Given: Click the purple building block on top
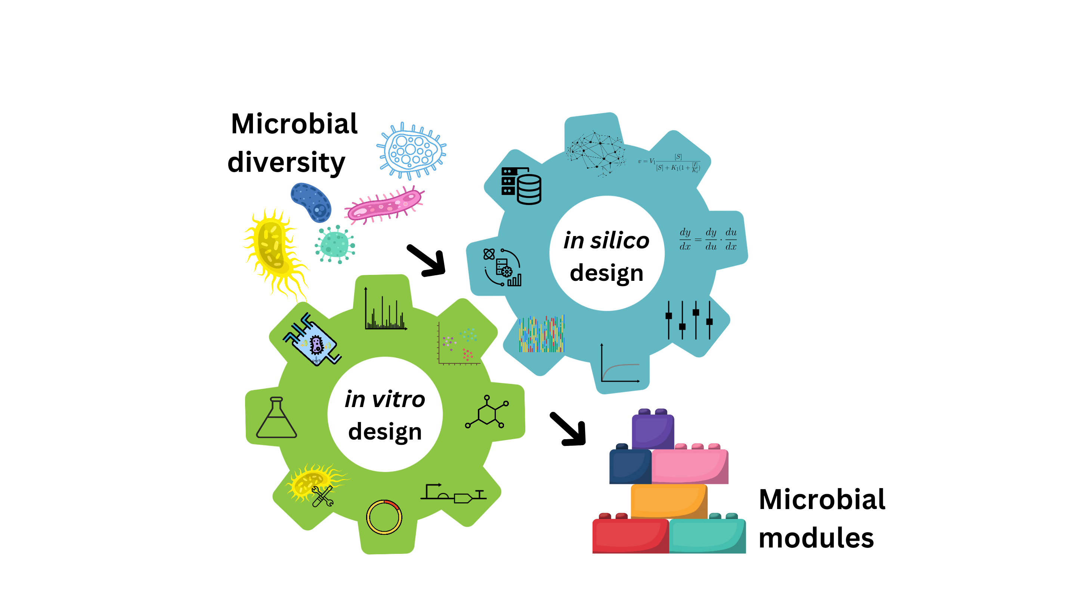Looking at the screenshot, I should click(652, 431).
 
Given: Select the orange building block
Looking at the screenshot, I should click(668, 501).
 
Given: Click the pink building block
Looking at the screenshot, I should click(689, 466).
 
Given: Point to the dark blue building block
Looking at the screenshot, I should click(630, 466).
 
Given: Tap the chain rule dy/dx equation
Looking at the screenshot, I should click(708, 239).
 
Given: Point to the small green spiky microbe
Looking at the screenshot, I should click(335, 244).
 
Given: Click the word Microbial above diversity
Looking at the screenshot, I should click(294, 124).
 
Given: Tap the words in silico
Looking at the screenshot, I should click(606, 241).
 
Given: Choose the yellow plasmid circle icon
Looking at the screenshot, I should click(384, 517).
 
